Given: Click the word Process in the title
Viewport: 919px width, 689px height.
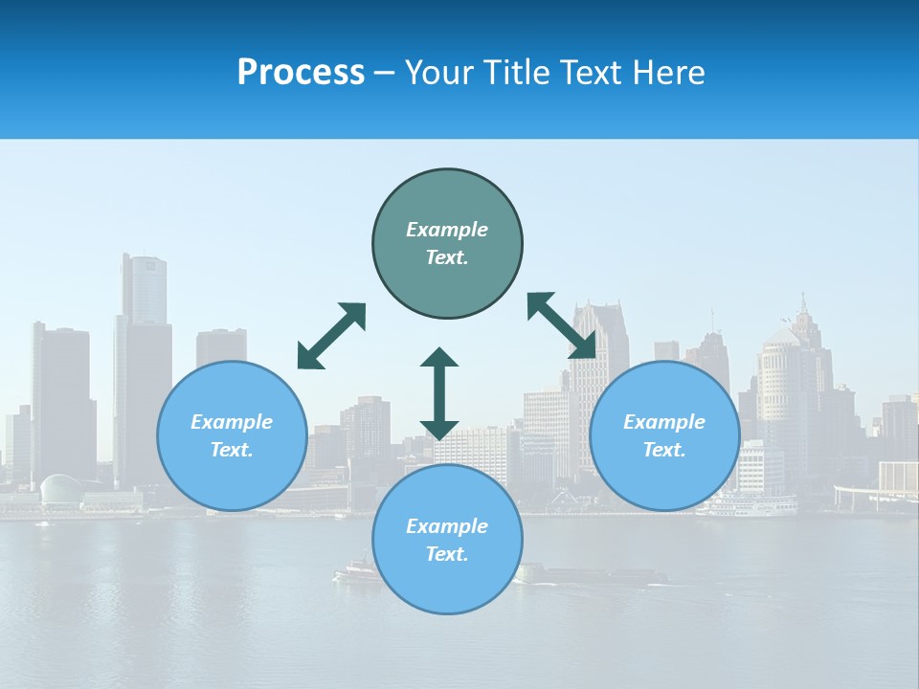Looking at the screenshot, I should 301,73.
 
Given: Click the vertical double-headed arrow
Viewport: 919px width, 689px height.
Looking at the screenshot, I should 439,393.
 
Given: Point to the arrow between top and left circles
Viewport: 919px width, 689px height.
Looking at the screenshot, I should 331,336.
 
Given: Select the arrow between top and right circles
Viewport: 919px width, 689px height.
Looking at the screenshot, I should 562,325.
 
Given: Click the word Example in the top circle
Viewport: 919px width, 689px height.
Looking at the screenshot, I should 447,230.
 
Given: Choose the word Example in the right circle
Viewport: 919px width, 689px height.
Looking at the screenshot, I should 664,422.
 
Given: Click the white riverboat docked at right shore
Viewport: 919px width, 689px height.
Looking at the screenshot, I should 746,504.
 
